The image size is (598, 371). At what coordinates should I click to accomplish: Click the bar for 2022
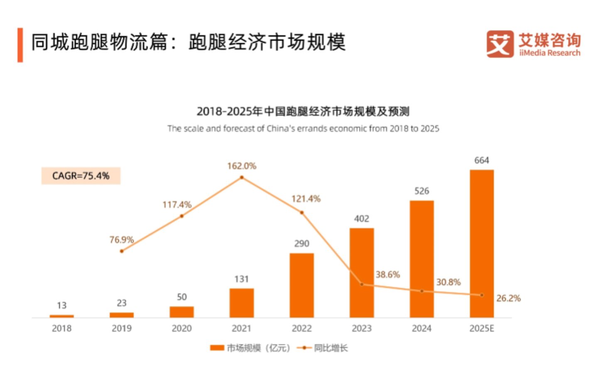coord(301,285)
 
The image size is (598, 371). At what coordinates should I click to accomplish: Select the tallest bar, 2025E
coord(482,244)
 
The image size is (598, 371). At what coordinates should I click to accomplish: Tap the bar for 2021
coord(242,303)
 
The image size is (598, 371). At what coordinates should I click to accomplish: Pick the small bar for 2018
coord(61,317)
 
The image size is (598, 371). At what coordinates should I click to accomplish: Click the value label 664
coord(482,161)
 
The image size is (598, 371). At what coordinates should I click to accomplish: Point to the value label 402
coord(362,219)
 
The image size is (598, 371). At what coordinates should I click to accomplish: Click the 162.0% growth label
coord(242,166)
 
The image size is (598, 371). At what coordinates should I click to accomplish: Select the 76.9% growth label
coord(122,240)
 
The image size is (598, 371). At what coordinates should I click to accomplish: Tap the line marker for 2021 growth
coord(242,178)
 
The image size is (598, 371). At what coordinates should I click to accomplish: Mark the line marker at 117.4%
coord(182,216)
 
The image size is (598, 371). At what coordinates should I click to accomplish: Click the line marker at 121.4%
coord(301,213)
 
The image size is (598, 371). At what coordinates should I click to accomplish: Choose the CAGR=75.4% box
coord(81,176)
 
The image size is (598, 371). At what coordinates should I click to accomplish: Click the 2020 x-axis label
coord(182,329)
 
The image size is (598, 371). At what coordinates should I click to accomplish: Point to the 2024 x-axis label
coord(422,329)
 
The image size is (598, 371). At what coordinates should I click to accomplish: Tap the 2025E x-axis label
coord(482,329)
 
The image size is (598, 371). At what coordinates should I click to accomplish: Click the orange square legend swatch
coord(217,348)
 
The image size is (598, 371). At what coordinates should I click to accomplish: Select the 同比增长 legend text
coord(331,348)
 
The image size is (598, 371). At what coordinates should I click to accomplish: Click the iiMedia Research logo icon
coord(500,44)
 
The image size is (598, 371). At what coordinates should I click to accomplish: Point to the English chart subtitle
coord(303,129)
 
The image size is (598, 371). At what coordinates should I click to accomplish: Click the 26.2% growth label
coord(509,298)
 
